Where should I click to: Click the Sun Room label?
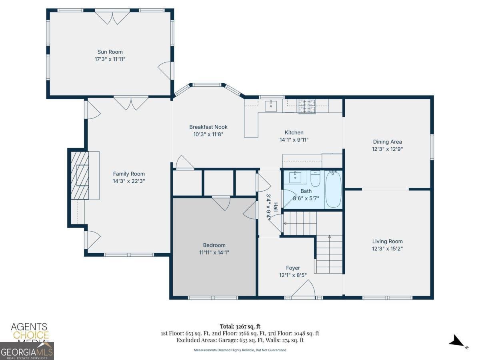point(110,52)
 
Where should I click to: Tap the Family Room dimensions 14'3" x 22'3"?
point(129,181)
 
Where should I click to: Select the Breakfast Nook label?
point(208,127)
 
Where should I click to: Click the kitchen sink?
point(271,106)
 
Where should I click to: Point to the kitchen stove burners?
point(306,106)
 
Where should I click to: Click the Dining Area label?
point(387,142)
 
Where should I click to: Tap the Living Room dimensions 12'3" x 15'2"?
point(387,249)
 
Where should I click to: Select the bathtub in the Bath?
point(333,190)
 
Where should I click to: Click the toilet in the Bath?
point(315,178)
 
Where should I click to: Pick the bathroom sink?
point(295,177)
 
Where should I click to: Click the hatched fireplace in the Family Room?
point(80,175)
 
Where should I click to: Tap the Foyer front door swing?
point(304,288)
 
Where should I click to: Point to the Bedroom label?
point(214,245)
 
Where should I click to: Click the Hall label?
point(276,207)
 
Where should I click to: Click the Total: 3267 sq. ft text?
point(240,326)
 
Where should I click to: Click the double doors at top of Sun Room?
point(112,18)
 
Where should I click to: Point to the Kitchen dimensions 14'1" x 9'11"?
point(294,140)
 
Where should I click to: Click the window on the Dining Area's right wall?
point(432,147)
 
